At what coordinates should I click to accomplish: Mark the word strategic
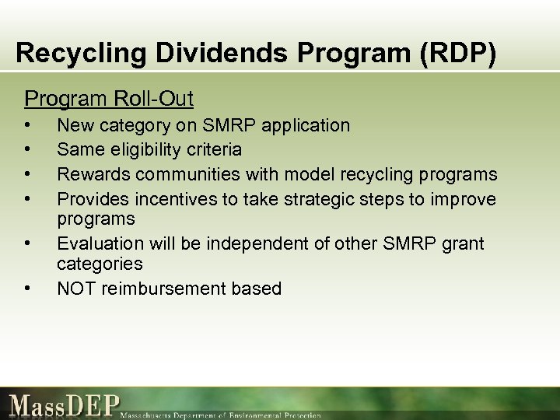coord(303,199)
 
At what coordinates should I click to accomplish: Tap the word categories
coord(100,264)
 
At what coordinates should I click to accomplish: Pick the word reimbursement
coord(165,289)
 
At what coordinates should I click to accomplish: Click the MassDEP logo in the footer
coord(65,406)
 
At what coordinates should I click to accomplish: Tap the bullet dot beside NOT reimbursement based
coord(29,289)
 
